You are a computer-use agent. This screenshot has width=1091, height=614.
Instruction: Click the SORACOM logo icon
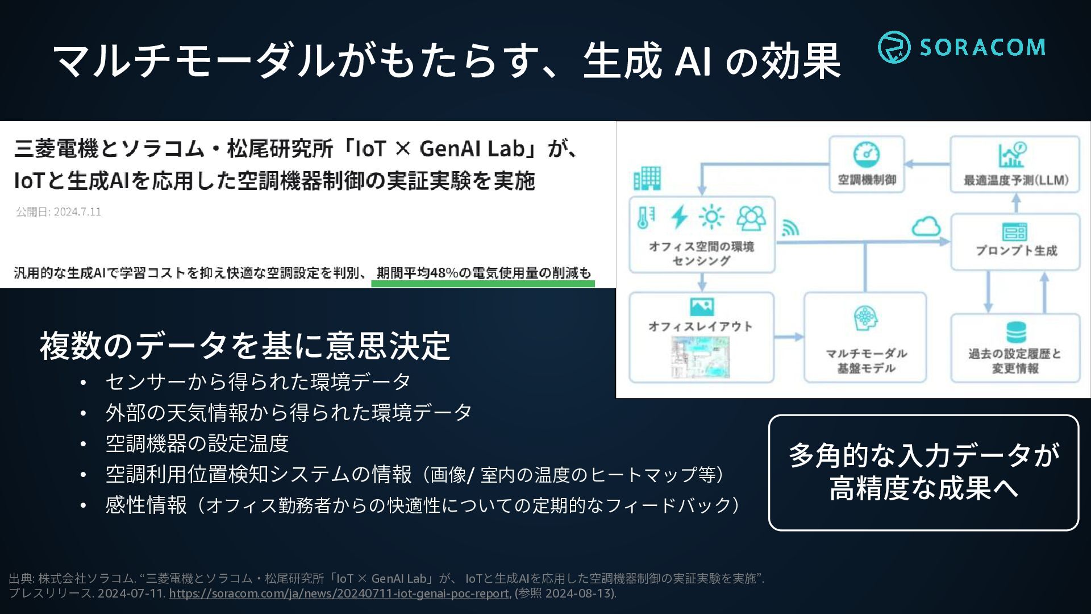894,47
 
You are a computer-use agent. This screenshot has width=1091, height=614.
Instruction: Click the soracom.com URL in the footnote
339,594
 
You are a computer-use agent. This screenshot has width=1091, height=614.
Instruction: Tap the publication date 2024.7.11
77,212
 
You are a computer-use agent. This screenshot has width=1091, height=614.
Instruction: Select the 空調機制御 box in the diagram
867,164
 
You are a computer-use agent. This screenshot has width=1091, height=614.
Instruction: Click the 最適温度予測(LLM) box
1015,164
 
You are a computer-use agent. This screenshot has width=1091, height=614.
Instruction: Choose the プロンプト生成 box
1015,242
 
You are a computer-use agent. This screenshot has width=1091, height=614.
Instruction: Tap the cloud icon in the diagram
926,226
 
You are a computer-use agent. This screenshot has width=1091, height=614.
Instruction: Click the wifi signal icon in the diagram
790,227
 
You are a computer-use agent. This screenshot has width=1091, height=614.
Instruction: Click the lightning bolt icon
679,217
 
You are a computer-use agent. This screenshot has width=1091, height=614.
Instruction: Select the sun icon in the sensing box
711,217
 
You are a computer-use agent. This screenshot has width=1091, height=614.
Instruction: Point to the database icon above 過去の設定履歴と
1015,332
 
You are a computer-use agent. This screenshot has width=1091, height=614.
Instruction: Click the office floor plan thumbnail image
701,357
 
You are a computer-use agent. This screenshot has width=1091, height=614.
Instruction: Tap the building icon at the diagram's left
647,178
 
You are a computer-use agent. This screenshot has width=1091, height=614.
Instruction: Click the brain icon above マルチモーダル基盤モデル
865,318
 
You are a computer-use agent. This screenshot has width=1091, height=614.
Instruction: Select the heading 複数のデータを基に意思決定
245,346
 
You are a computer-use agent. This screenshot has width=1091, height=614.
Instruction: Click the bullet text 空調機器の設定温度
197,443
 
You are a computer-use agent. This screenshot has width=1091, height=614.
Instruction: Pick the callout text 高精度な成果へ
923,488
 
